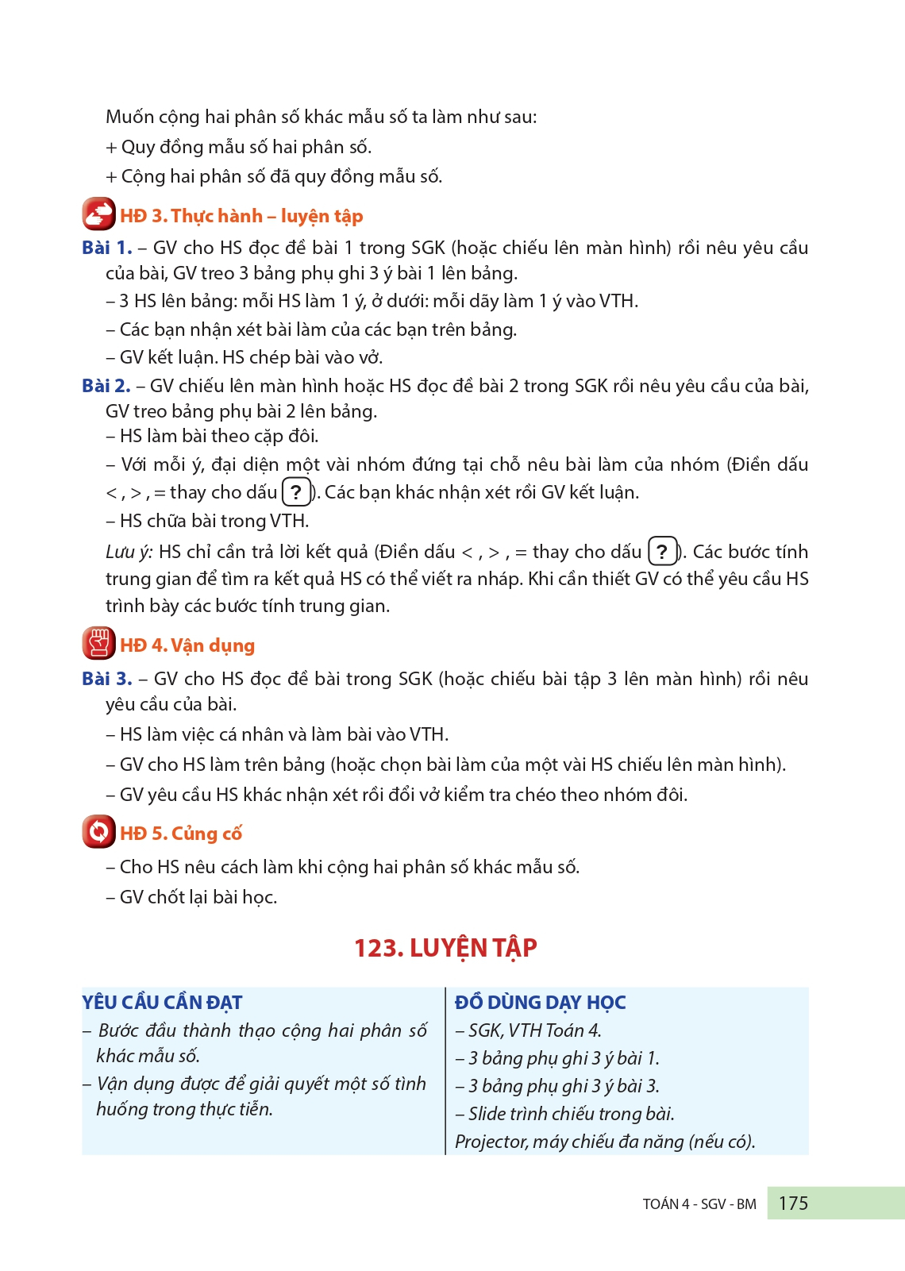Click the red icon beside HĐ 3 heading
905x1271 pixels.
(x=98, y=214)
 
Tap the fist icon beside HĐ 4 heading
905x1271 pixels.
(x=98, y=644)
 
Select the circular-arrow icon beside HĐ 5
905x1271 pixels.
(x=98, y=832)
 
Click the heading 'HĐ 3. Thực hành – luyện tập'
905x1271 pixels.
(x=241, y=216)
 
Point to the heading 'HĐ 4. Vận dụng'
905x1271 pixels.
(x=187, y=645)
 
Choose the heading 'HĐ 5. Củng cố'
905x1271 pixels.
(x=181, y=834)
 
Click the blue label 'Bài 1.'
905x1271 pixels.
(x=106, y=248)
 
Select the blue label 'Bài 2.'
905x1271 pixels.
(x=106, y=386)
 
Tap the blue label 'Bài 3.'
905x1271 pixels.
(x=106, y=679)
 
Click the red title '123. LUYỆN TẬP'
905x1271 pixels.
(x=445, y=948)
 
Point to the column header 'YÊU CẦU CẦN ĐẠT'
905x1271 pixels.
(x=162, y=1003)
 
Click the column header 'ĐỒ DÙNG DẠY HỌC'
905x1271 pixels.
(x=540, y=1003)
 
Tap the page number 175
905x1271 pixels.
(x=793, y=1204)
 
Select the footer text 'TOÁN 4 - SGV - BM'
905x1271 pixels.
(x=699, y=1204)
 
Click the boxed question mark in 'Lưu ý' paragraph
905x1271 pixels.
(x=662, y=552)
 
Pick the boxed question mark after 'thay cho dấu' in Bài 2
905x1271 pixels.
(x=296, y=492)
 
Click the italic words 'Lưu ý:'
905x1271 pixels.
(x=129, y=552)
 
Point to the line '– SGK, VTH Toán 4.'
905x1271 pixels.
(x=528, y=1030)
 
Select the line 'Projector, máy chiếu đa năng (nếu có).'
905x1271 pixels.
(x=605, y=1142)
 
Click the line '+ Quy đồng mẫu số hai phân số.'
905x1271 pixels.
(x=238, y=147)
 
